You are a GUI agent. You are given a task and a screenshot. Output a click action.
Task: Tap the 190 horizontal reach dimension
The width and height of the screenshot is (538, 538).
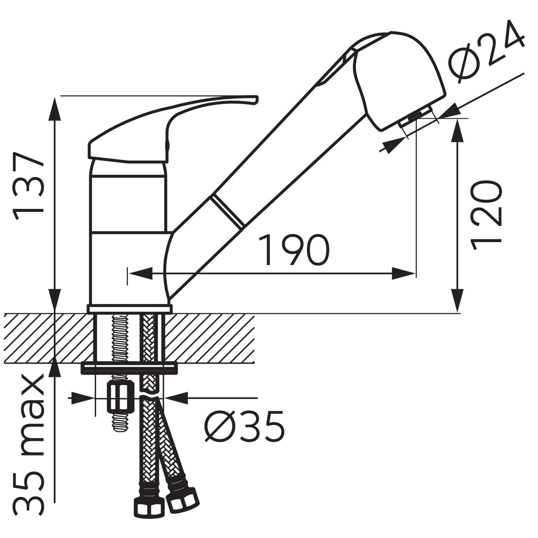tap(294, 250)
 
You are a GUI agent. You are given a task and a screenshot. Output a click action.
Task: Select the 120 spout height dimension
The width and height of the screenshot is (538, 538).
tap(485, 215)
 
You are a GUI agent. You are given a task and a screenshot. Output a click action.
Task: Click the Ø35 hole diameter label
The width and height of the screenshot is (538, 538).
tap(244, 426)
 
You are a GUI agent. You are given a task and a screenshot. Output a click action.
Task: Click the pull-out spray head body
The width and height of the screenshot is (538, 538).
tap(399, 80)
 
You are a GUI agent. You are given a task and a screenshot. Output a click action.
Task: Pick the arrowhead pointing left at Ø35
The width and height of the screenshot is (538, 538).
tap(175, 398)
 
